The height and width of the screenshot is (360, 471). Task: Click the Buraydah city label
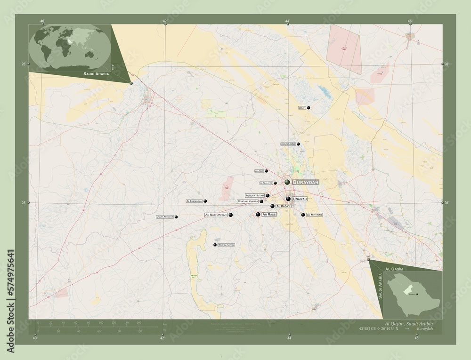click(306, 182)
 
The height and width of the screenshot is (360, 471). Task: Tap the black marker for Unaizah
click(288, 199)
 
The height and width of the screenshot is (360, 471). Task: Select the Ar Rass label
click(269, 214)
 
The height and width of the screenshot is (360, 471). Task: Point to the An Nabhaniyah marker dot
click(231, 215)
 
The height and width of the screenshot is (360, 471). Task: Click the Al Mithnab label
click(315, 215)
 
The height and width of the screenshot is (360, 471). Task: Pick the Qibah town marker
click(309, 108)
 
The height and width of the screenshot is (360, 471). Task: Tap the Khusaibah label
click(288, 144)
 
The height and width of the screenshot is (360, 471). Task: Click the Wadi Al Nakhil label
click(226, 245)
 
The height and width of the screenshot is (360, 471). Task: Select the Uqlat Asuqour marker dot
click(176, 217)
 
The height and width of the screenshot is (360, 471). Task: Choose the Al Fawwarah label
click(194, 201)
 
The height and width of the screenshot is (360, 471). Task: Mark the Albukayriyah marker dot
click(268, 195)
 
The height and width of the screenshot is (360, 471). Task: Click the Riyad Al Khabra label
click(247, 201)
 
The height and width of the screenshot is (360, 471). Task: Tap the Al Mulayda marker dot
click(275, 183)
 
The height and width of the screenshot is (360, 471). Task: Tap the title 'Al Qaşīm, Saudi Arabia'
click(409, 325)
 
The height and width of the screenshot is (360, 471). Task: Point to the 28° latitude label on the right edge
click(446, 64)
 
